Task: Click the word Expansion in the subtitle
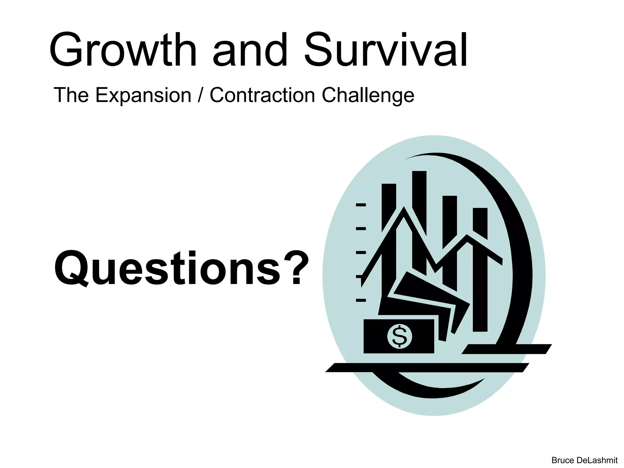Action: [x=143, y=95]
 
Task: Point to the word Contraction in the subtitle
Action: [x=262, y=95]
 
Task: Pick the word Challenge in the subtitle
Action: [x=368, y=95]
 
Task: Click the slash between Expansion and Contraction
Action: [x=200, y=95]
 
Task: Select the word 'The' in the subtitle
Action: [x=71, y=95]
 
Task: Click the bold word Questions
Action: [x=167, y=268]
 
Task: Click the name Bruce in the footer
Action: [x=562, y=460]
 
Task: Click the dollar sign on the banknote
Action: [x=399, y=336]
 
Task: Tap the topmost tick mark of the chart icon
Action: [x=361, y=205]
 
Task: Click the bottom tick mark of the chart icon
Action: [x=361, y=300]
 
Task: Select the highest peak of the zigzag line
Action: [x=404, y=210]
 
